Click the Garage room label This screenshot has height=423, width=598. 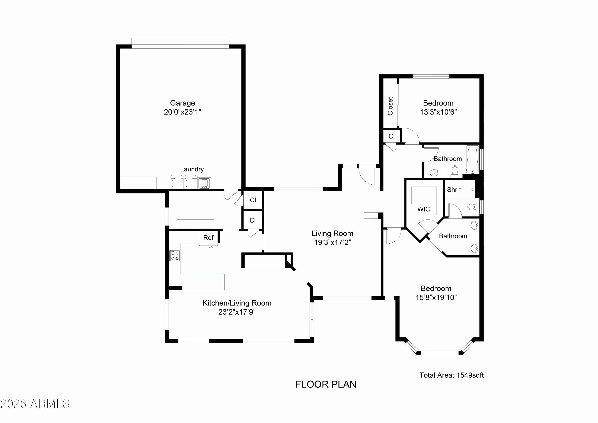182,103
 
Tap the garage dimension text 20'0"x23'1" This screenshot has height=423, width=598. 182,112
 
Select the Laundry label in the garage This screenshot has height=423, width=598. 192,169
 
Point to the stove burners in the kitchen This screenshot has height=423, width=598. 174,255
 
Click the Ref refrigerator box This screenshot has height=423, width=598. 208,238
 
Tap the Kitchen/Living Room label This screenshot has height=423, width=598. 237,303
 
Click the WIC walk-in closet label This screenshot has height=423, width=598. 424,209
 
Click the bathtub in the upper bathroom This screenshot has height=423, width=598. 472,159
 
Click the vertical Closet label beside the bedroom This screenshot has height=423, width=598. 390,106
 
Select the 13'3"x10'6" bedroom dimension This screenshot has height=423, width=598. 438,112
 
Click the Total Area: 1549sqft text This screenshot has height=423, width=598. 451,375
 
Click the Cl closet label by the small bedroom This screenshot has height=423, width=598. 391,136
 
